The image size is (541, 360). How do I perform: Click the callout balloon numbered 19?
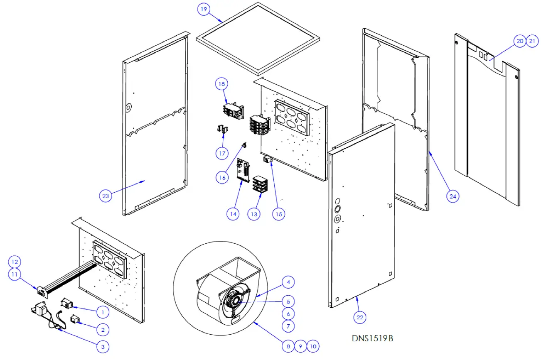coord(204,9)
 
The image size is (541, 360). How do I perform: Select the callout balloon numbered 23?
coord(106,196)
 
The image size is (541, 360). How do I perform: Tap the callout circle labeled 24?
coord(453,196)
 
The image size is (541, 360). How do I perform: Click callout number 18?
coord(221,84)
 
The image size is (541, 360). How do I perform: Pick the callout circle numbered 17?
coord(221,153)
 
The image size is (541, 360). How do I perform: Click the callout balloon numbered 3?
coord(103,345)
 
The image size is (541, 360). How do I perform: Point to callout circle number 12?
coord(15,262)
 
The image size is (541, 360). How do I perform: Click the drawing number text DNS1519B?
coord(372,338)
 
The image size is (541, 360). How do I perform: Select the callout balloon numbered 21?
coord(532,41)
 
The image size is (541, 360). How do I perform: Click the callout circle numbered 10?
coord(313,345)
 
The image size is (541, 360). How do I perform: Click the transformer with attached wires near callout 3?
coord(41,310)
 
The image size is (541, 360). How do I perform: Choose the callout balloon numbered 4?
coord(288,282)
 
